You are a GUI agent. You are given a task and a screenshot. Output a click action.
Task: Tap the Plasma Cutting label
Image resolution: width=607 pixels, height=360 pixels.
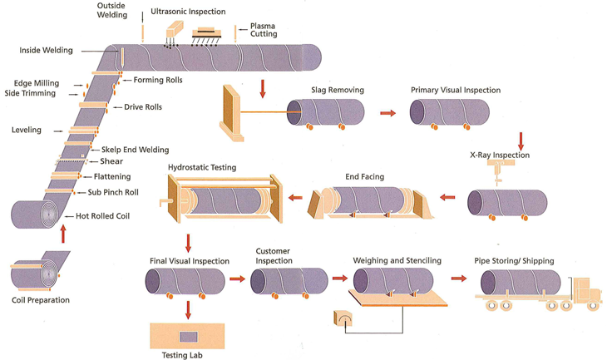(x=264, y=30)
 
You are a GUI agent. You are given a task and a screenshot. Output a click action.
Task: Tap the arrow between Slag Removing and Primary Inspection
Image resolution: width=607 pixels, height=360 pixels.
(x=388, y=111)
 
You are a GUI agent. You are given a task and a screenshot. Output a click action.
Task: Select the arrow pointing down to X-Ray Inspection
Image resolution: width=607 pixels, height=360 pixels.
(x=520, y=138)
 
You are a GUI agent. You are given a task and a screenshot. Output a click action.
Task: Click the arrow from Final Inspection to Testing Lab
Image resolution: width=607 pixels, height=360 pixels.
(x=189, y=308)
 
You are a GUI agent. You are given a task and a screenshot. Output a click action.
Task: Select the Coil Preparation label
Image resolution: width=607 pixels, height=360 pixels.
(x=41, y=299)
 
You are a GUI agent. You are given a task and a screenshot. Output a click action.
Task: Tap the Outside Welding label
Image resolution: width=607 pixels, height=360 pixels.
(x=111, y=9)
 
